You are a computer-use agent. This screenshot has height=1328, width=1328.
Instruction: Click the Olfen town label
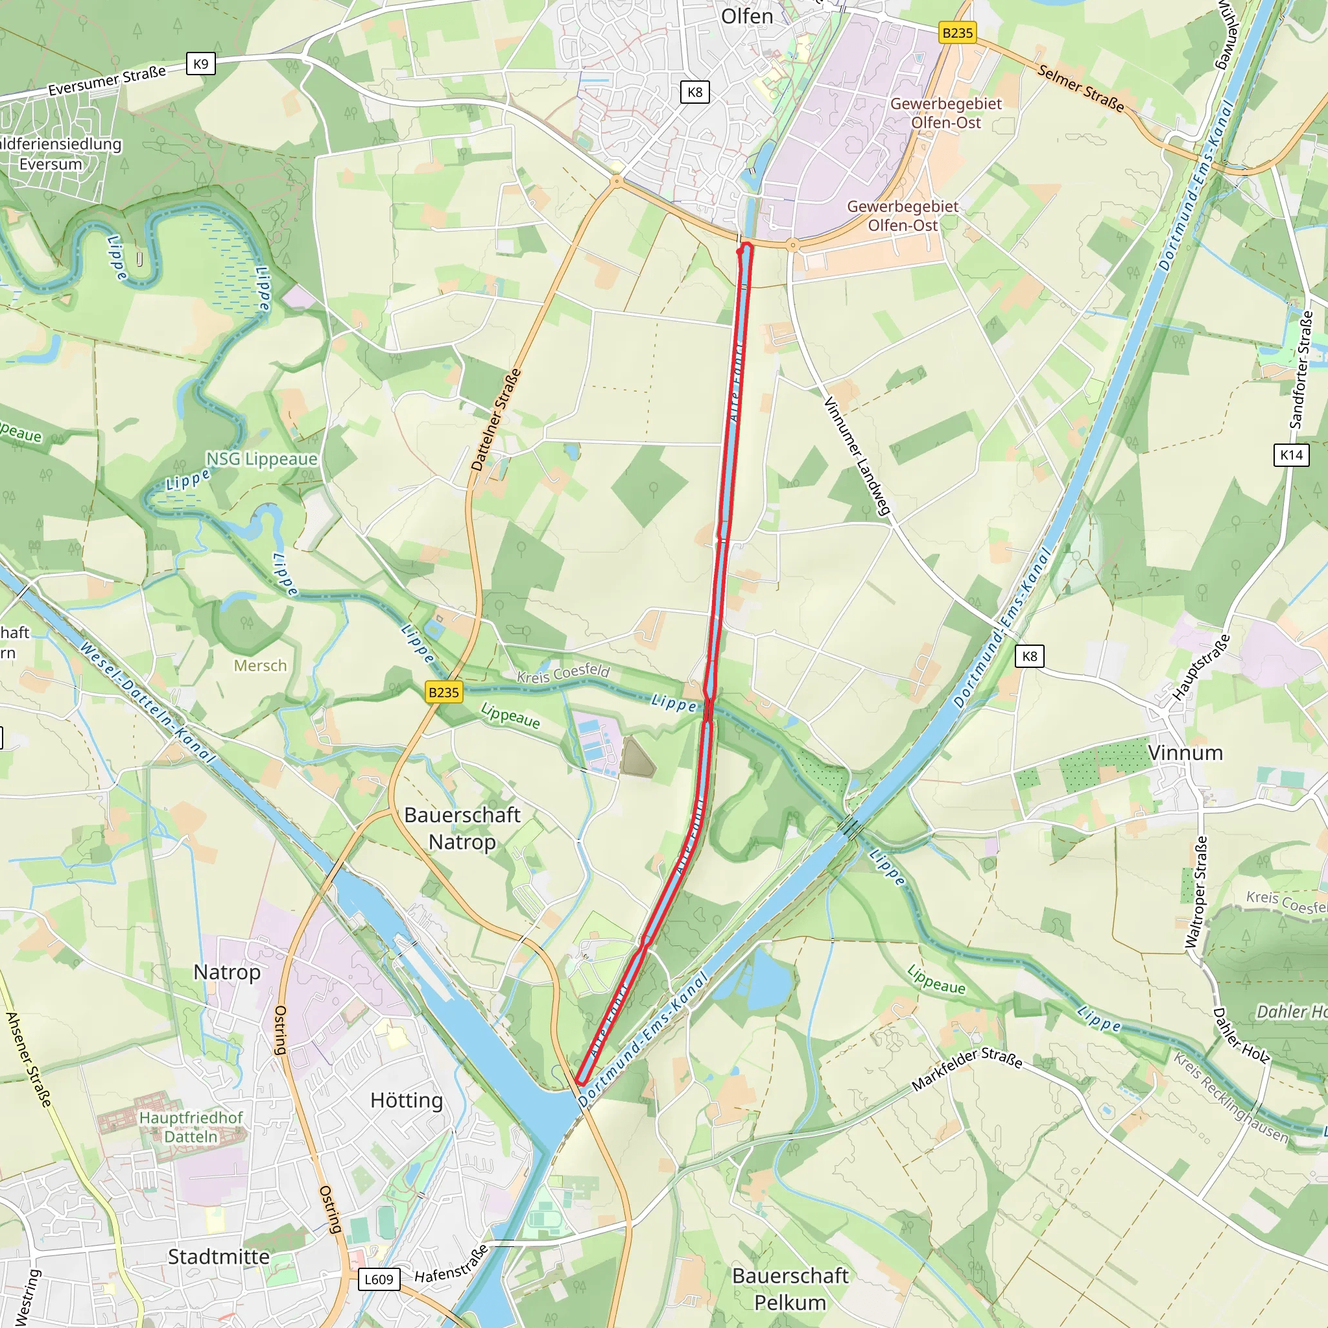746,16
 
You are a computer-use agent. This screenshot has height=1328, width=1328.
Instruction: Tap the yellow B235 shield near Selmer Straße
958,32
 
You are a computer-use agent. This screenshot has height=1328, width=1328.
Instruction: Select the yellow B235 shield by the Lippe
444,692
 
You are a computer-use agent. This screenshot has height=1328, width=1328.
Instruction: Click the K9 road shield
201,64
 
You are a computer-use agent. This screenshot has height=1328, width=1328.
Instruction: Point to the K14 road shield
1291,455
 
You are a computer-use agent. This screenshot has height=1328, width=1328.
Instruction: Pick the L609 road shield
379,1279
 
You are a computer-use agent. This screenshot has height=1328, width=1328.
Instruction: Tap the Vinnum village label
1185,753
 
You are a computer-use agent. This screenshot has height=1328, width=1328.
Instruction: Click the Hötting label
406,1100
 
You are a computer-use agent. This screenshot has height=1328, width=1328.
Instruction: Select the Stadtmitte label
219,1257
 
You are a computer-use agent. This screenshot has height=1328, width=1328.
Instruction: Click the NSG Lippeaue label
261,458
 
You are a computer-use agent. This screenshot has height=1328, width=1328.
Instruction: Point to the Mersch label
260,665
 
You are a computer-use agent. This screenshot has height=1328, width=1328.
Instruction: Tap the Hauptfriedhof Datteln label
191,1126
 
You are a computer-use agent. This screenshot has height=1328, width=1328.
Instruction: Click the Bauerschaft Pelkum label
790,1289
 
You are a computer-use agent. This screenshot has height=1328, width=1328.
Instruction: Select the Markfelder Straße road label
966,1069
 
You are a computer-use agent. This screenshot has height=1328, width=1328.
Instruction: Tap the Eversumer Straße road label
106,80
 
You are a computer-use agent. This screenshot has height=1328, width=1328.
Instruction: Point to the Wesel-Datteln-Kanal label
147,702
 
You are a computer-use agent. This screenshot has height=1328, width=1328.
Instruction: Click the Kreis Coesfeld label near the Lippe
563,673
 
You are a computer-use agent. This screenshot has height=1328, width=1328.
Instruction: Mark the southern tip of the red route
582,1084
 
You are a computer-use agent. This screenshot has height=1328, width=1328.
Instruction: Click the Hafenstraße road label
451,1263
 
